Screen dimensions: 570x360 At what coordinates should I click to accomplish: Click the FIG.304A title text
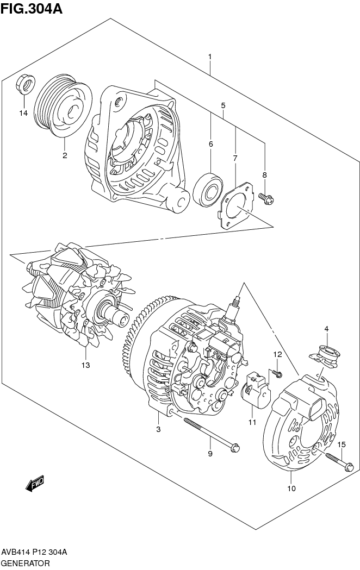click(x=31, y=8)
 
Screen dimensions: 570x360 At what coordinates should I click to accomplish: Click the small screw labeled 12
click(x=278, y=374)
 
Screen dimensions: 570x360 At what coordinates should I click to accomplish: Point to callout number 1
click(x=209, y=57)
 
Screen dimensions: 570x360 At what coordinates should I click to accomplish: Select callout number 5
click(x=223, y=105)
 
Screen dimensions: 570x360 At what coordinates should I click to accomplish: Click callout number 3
click(x=158, y=430)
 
